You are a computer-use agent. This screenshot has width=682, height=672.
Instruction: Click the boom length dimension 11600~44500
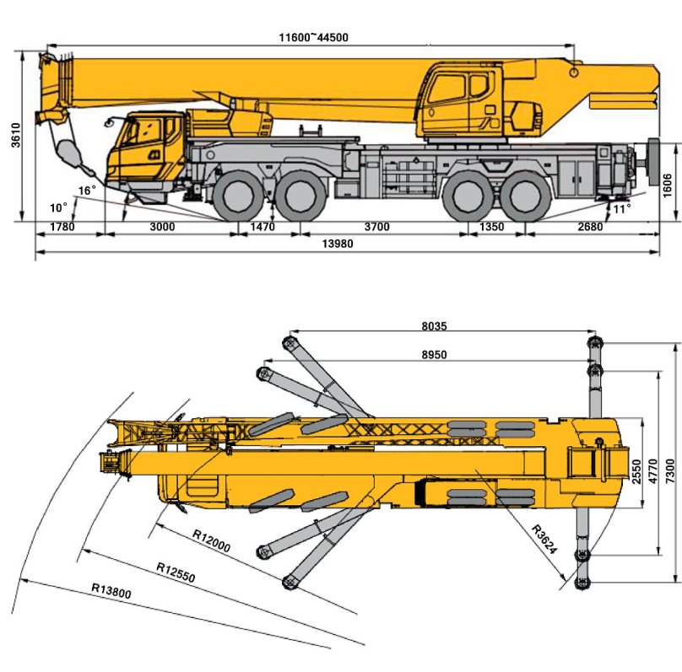point(314,37)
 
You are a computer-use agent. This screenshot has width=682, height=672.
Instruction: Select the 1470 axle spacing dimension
point(263,227)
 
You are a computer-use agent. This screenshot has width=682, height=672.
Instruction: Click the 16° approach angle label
point(88,191)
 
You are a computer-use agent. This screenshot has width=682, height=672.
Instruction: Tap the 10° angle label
point(57,207)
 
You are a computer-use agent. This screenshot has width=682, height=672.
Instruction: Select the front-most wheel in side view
point(235,200)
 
